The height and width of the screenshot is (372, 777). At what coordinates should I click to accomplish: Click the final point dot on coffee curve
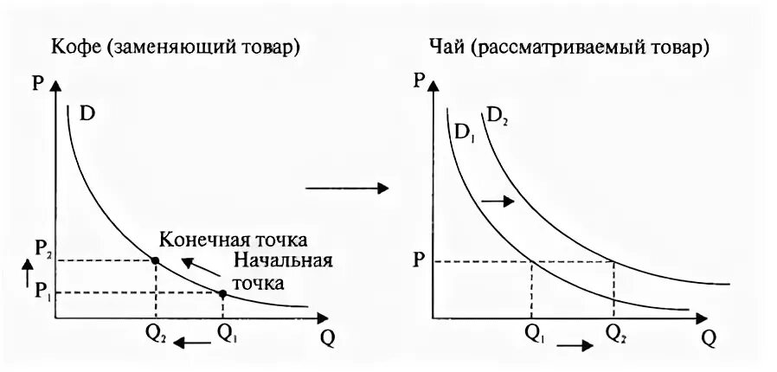(155, 260)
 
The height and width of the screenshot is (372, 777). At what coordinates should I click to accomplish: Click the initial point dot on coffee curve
(222, 293)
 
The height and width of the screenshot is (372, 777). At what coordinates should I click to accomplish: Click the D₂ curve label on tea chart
(497, 116)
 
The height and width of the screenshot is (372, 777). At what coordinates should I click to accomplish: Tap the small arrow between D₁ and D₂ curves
(497, 201)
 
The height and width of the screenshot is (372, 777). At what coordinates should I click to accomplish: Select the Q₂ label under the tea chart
(615, 332)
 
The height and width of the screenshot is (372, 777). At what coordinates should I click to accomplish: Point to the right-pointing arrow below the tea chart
(575, 345)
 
